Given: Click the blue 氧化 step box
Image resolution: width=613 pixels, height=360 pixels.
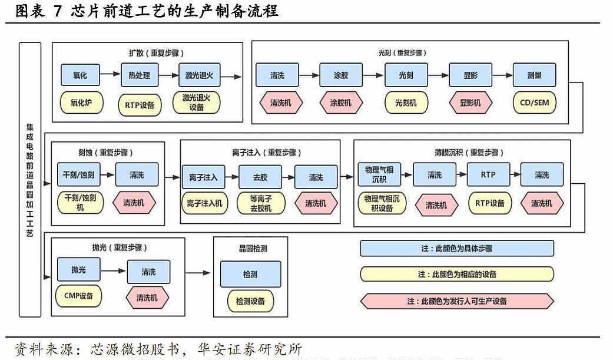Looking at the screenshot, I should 80,75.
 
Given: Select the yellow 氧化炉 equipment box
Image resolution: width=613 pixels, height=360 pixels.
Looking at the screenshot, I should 80,103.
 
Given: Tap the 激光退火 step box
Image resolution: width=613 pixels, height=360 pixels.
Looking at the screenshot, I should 199,75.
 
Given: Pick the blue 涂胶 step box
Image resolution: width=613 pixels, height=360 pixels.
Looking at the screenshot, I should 341,75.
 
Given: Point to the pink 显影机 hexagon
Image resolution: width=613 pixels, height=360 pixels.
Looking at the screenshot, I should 470,103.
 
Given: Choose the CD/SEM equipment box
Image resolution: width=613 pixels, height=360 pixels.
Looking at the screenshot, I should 534,103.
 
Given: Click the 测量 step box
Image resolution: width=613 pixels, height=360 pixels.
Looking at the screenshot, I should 534,75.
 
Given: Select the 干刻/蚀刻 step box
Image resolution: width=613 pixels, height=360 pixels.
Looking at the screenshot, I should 78,175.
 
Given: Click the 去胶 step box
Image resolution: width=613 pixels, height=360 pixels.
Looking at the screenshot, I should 260,177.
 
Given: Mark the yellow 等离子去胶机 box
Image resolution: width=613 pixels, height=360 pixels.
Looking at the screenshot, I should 260,203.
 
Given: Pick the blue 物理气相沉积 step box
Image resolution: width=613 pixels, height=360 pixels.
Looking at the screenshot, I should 379,174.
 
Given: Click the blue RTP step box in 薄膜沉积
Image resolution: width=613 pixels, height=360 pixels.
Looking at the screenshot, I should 488,175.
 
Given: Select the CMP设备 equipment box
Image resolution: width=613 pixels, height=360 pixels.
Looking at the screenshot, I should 78,295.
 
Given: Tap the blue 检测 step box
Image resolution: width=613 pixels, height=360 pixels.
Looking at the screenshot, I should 250,275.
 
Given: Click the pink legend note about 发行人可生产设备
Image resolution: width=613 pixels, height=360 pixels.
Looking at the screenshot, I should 457,300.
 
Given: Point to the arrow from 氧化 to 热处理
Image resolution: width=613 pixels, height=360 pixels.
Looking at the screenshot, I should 110,75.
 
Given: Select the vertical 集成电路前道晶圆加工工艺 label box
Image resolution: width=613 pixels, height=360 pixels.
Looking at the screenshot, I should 30,180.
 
